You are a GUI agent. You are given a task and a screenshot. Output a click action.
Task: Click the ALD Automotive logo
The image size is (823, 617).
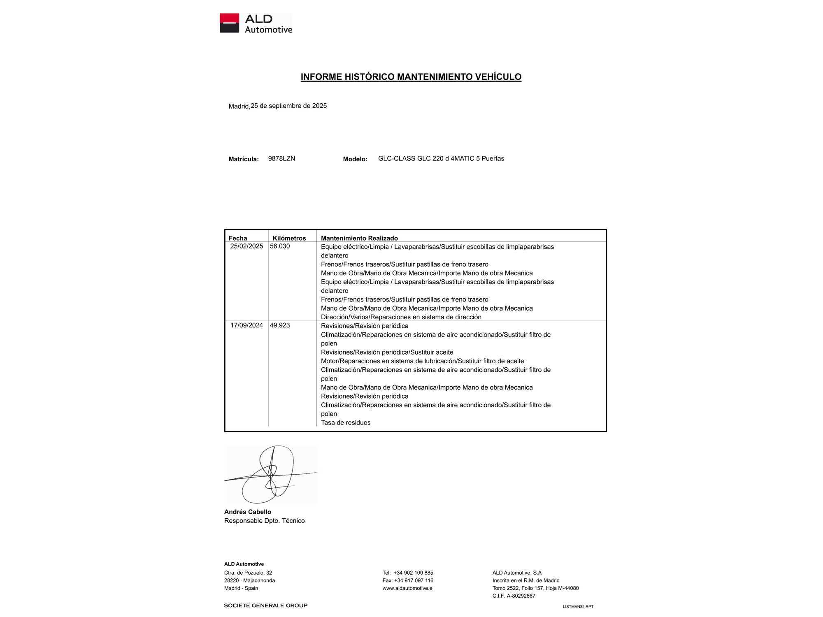point(256,23)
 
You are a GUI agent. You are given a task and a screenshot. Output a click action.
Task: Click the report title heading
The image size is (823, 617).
point(411,77)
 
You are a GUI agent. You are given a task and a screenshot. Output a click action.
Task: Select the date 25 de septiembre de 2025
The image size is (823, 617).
point(288,106)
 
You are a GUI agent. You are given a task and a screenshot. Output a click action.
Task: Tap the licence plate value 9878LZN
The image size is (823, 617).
point(281,159)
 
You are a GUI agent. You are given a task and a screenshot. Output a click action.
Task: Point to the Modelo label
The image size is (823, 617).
point(355,159)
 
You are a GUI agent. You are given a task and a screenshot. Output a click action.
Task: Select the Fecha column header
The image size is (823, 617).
point(238,238)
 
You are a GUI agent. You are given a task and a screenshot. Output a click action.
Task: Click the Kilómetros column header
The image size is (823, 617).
point(289,238)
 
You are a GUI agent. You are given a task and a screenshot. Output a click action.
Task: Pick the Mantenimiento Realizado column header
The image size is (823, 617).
point(359,238)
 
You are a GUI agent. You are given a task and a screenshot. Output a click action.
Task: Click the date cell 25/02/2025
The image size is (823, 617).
point(246,246)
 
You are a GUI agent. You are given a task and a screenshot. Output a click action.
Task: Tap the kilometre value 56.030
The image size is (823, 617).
point(280,246)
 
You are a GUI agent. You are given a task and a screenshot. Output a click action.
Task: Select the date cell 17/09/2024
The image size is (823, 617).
point(246,325)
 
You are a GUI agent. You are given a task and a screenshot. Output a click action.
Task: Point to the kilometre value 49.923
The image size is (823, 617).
point(280,325)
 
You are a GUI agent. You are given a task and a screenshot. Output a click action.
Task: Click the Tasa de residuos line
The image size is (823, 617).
point(346,423)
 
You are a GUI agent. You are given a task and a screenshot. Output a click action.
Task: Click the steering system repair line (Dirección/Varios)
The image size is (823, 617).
point(401,317)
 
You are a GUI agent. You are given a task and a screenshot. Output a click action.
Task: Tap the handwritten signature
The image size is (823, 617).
point(270,474)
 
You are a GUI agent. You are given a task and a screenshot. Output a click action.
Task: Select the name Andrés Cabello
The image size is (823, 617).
point(247,512)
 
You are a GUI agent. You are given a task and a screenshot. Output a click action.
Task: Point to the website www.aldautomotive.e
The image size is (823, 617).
point(407,588)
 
